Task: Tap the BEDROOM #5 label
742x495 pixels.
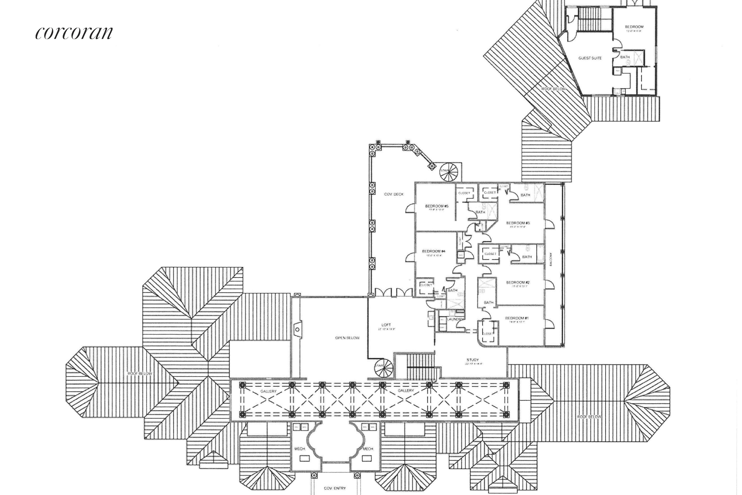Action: click(437, 206)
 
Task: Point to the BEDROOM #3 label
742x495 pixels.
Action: click(518, 223)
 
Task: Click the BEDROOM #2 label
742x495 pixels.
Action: click(518, 282)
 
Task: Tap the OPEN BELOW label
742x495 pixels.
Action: click(347, 338)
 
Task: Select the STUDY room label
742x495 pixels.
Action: click(473, 360)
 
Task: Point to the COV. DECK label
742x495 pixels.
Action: click(394, 194)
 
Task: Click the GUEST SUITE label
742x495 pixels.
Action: click(590, 58)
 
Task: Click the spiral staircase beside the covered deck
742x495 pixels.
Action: click(449, 172)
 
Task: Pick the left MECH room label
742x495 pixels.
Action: click(299, 449)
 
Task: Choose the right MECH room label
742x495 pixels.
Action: click(368, 449)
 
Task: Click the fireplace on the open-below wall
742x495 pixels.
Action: click(297, 329)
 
